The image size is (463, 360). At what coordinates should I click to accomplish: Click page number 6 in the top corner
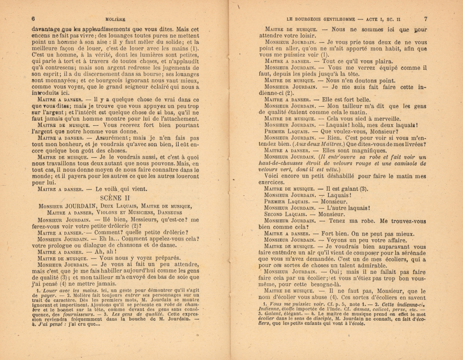33,19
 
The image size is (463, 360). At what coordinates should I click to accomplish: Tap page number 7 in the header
426,19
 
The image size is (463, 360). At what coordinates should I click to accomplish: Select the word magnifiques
363,150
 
